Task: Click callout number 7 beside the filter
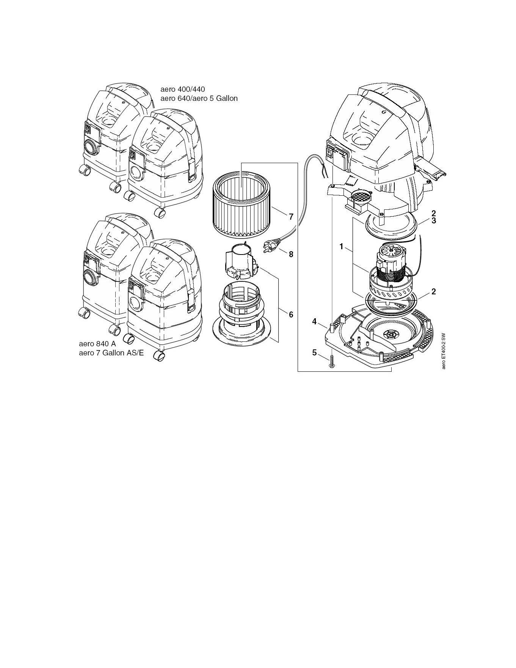click(x=291, y=217)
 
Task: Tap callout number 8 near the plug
click(x=291, y=254)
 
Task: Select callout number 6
click(x=291, y=314)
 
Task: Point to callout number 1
click(x=341, y=247)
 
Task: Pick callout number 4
click(x=314, y=322)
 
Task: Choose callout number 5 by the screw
click(x=314, y=353)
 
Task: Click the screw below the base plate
click(x=331, y=360)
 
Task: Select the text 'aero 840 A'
click(x=97, y=344)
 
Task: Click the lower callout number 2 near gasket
click(x=433, y=292)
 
